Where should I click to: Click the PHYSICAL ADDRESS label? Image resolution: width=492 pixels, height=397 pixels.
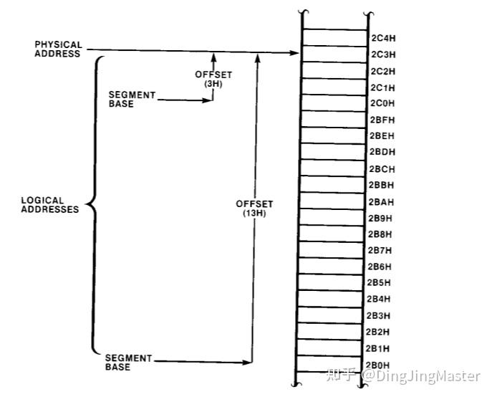click(58, 49)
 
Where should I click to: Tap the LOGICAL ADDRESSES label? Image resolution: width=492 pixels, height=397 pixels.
click(50, 205)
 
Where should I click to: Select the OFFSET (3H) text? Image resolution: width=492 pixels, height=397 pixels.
click(213, 79)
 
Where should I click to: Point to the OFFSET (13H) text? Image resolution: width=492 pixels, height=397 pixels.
click(254, 209)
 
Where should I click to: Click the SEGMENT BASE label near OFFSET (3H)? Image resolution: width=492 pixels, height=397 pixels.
click(132, 99)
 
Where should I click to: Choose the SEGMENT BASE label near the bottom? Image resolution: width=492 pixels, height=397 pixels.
click(128, 363)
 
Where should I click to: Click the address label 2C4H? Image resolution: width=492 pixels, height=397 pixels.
click(383, 38)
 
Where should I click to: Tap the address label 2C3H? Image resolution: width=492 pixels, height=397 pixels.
click(383, 54)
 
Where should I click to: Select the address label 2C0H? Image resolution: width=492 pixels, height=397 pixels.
click(382, 103)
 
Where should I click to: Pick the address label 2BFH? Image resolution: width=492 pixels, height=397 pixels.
click(382, 120)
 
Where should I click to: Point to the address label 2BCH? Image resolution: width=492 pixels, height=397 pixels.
click(382, 169)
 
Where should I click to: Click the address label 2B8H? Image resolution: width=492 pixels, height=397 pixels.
click(380, 234)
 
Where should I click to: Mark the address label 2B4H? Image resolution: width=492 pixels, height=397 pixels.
click(379, 299)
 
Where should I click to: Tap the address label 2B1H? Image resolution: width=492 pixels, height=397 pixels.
click(377, 349)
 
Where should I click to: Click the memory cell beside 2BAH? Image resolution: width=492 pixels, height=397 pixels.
click(332, 201)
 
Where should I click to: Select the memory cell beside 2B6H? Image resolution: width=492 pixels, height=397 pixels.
click(332, 267)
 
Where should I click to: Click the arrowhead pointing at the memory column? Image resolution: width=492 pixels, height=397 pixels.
click(294, 53)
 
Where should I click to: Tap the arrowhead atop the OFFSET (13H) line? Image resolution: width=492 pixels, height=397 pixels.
click(258, 58)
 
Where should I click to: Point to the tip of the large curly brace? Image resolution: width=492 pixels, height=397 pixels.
click(87, 205)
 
